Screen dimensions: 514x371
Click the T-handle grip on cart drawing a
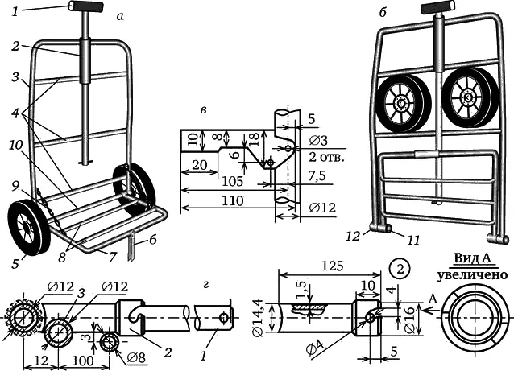86,6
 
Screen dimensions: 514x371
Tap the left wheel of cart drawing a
28,229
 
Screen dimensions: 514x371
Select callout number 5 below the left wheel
15,264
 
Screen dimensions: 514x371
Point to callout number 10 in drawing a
16,146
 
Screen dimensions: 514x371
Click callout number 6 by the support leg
151,240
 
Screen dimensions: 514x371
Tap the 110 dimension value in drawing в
232,200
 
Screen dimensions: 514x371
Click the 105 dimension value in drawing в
232,181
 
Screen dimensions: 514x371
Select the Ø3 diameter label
318,141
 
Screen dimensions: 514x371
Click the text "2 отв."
326,158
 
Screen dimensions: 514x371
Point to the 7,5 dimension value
317,176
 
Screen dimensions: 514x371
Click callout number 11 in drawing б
413,241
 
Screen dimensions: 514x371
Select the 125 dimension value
332,266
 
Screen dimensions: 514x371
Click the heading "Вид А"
472,258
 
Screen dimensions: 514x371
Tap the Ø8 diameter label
135,357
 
